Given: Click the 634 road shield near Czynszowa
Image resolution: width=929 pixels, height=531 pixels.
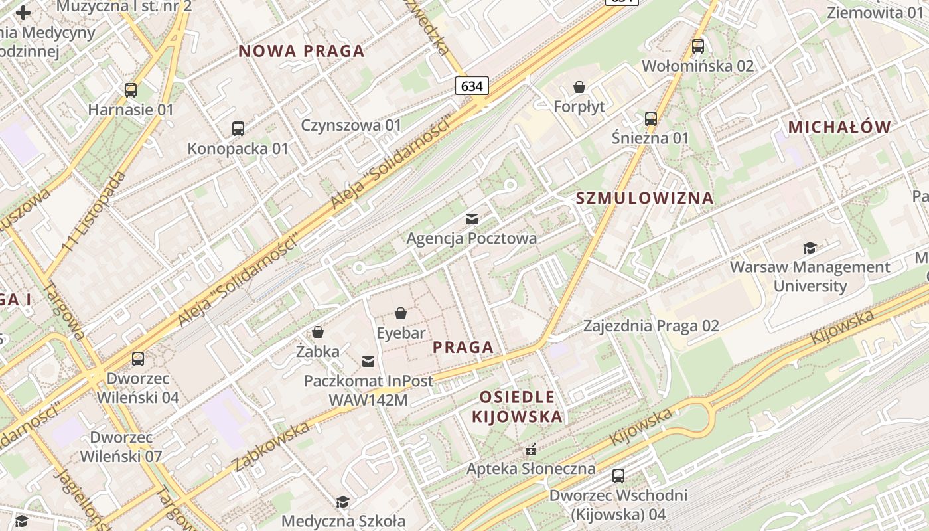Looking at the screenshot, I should coord(472,86).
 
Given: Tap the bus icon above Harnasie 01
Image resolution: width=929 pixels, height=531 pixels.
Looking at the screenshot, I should coord(131,90).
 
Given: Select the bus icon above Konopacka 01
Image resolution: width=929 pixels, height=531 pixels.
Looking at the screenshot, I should coord(238,128).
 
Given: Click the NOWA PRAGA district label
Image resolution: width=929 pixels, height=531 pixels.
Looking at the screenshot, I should coord(301,51).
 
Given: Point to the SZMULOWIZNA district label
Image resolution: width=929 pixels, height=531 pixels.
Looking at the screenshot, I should coord(644,198).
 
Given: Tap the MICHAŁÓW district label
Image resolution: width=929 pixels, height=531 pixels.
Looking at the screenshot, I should coord(839,127).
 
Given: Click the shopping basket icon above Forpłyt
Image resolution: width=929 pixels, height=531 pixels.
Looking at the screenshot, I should coord(579,87).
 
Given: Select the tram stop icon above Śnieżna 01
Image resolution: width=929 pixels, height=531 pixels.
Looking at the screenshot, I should coord(650,119).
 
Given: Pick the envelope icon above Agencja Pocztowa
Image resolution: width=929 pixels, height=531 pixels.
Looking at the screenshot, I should coord(472,218).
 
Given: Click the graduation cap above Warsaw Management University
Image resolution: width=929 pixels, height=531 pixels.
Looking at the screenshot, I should coord(810,248).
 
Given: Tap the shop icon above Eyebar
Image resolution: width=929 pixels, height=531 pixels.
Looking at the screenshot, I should coord(401,313).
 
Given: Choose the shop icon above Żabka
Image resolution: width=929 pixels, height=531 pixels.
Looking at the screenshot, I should coord(318,331).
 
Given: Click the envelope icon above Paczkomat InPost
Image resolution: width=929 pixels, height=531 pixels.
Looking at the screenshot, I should coord(368,361).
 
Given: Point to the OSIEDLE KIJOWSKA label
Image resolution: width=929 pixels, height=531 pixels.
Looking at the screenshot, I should coord(517,407).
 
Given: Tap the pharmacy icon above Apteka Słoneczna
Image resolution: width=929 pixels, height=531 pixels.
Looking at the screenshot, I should coord(531,449).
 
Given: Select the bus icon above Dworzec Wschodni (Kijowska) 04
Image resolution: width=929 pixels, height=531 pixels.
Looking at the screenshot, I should coord(618,476).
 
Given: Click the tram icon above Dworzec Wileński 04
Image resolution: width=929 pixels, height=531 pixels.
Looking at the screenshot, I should coord(138,359).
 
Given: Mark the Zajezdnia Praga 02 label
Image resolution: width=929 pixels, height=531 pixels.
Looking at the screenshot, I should coord(651,326).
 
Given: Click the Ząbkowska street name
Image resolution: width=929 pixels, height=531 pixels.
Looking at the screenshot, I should coord(271,445).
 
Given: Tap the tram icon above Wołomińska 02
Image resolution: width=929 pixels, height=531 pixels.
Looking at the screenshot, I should coord(697,46).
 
